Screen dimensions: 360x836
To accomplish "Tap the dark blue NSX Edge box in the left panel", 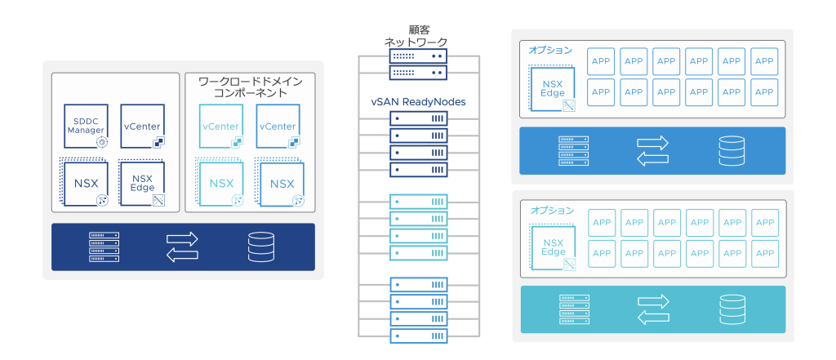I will [x=141, y=181].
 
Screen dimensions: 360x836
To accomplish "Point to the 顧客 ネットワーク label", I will [x=416, y=35].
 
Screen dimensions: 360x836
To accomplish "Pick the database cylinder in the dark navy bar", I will [x=260, y=247].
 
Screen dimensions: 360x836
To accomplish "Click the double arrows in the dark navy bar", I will [x=182, y=247].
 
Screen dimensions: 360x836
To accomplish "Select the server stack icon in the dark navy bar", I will [x=104, y=247].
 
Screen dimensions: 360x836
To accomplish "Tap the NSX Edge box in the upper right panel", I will [x=553, y=88].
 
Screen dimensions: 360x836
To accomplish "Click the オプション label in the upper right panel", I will [x=550, y=51].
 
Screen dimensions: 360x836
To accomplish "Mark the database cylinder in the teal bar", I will [x=731, y=309].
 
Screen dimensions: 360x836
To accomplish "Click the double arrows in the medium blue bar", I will [x=652, y=150].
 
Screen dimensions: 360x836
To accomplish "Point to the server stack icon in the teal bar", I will [x=573, y=309].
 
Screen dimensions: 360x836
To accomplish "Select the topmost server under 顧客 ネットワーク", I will [x=418, y=57].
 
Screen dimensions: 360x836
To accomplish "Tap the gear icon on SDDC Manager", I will [x=102, y=141].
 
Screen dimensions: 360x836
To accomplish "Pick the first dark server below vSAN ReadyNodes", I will [x=418, y=119].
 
